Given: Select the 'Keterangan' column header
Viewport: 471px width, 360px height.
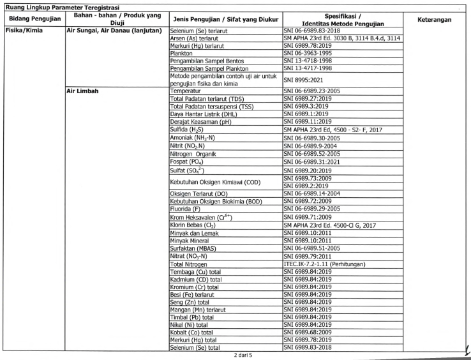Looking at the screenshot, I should click(434, 19).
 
